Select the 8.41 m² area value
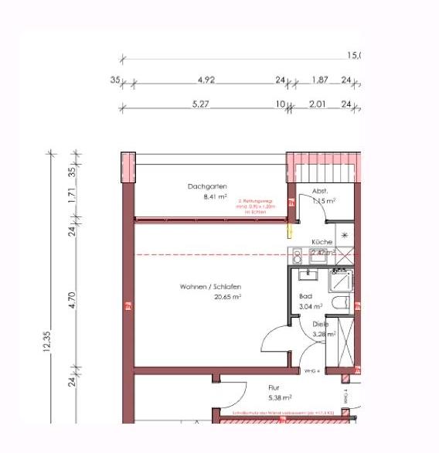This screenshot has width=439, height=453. pos(202,197)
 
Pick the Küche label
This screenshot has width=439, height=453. pos(322,242)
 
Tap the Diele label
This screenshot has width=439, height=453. pos(320,325)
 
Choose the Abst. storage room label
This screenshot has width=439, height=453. pos(320,190)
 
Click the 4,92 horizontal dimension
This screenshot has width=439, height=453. pos(206,80)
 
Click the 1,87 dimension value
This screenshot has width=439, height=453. pos(319,80)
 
